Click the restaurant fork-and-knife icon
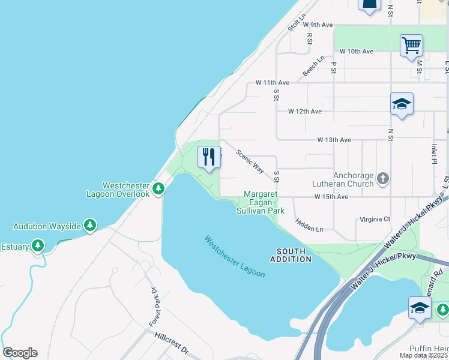tap(209, 158)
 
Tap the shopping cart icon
tap(411, 46)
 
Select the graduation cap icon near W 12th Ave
tap(402, 104)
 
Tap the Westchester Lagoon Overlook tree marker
tap(158, 190)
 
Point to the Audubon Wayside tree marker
tap(90, 226)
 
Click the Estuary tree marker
tap(38, 245)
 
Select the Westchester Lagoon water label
tap(235, 256)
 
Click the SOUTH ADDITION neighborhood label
tap(291, 254)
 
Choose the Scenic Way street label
tap(250, 161)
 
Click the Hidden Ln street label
tap(310, 225)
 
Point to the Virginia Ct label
tap(374, 219)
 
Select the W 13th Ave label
tap(334, 140)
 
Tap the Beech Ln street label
tap(313, 67)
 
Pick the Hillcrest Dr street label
tap(172, 344)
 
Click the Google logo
tap(20, 353)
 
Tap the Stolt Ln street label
tap(297, 23)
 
